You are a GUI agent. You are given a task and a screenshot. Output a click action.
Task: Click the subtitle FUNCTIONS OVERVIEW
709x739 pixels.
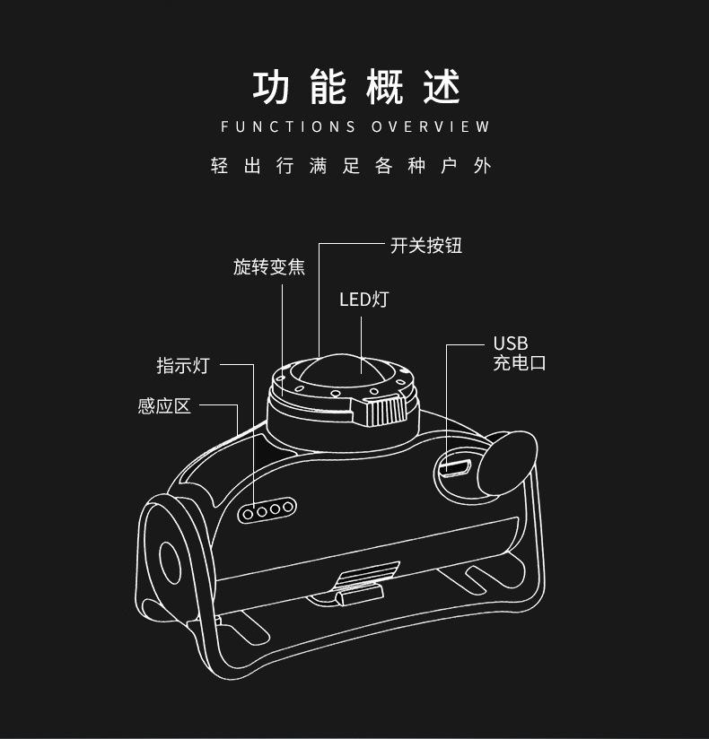coord(355,126)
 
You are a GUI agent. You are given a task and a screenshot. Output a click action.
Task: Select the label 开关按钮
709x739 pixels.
coord(426,246)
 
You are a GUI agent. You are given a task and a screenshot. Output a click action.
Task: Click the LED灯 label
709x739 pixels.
coord(363,300)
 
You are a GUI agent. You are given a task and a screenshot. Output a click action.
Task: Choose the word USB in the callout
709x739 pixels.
coord(511,343)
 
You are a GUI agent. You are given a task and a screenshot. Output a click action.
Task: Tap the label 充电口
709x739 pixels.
coord(520,362)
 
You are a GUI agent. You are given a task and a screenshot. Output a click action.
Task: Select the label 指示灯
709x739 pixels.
coord(182,365)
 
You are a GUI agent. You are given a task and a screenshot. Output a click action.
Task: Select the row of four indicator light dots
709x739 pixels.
coord(267,510)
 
